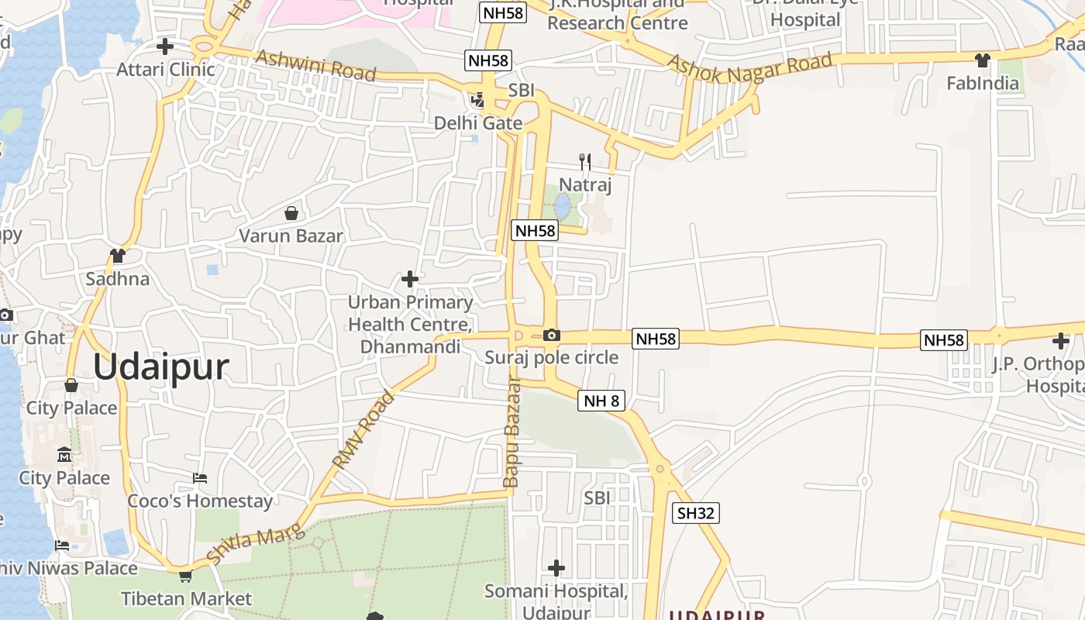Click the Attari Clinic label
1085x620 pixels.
click(165, 70)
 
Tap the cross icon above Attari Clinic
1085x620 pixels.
click(164, 46)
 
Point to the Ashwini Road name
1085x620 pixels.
click(315, 66)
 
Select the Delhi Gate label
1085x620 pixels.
click(477, 123)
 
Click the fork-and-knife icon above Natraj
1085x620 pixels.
click(585, 161)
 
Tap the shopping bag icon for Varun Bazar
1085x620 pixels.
click(291, 212)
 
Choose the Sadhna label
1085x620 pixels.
click(118, 279)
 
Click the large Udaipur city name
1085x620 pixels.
click(161, 367)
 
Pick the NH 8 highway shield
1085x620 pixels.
click(601, 401)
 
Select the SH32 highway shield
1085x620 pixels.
click(696, 512)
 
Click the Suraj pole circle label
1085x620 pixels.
click(551, 357)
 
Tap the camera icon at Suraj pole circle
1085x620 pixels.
click(551, 335)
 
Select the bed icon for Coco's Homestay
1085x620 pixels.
click(200, 478)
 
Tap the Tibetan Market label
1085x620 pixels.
click(186, 599)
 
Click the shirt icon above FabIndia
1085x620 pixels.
click(983, 60)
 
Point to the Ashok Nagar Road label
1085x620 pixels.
click(749, 64)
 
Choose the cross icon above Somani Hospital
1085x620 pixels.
click(556, 568)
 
